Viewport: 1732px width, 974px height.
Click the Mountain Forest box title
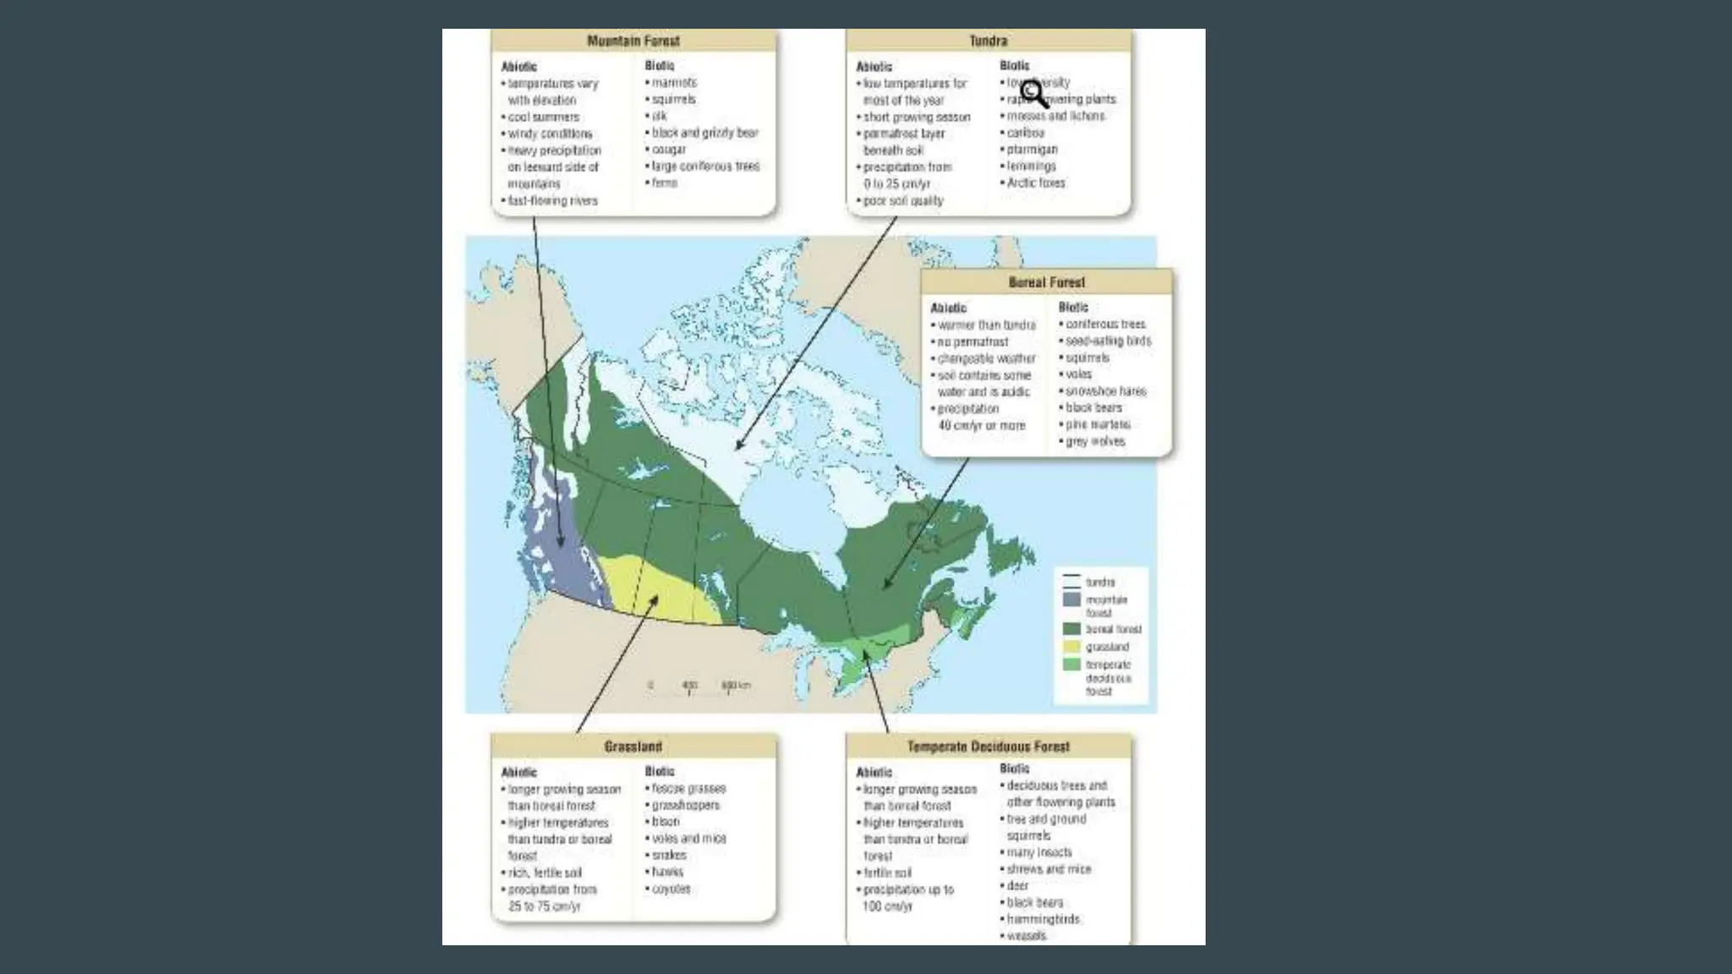633,41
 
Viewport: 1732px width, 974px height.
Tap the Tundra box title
988,41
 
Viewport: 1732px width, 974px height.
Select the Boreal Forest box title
1046,282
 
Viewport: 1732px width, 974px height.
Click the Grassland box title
633,747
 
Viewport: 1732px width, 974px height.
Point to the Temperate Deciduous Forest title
988,747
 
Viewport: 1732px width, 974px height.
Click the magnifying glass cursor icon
1033,93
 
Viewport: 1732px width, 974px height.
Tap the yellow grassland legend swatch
1072,647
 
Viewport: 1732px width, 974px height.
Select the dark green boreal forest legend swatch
1072,629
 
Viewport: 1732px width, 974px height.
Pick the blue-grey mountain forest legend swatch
1072,599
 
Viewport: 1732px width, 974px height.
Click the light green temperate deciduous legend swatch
1072,665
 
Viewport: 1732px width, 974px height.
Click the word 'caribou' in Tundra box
1025,133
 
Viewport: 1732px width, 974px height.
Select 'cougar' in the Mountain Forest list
668,150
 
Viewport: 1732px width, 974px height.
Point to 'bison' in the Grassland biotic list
665,822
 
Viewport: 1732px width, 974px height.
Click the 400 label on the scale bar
690,685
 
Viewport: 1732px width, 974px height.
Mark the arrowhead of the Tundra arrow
738,447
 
